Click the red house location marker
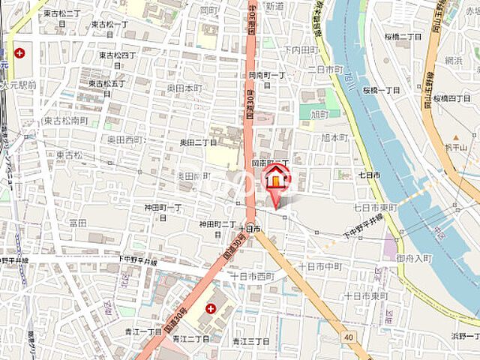point(276,180)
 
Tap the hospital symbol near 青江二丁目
point(211,308)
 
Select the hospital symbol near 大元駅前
point(19,53)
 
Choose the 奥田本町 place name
point(184,88)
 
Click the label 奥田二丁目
point(198,142)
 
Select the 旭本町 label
point(334,138)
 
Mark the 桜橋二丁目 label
point(403,37)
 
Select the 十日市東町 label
point(365,296)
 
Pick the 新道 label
point(274,6)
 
